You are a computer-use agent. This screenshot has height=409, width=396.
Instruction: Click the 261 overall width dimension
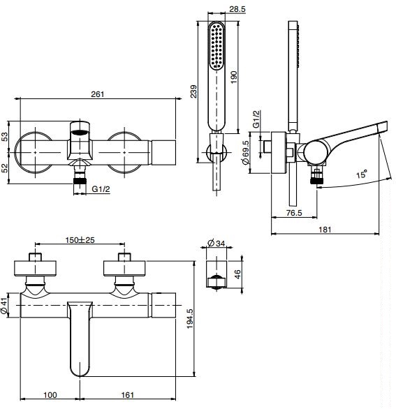coord(97,94)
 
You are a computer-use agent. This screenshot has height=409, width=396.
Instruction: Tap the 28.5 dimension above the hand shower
coord(237,9)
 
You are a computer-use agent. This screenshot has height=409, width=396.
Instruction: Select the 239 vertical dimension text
coord(193,91)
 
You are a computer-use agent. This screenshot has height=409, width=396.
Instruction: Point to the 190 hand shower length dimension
coord(234,77)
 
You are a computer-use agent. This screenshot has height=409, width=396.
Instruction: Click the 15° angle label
coord(362,174)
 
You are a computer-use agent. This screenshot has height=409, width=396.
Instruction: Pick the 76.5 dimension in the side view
coord(294,213)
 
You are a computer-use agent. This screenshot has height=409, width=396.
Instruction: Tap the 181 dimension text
coord(325,230)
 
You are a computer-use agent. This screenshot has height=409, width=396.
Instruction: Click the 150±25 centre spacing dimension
coord(80,239)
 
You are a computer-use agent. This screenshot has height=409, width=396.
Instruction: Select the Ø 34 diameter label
coord(216,243)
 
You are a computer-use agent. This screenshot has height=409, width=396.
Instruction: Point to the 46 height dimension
coord(237,274)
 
